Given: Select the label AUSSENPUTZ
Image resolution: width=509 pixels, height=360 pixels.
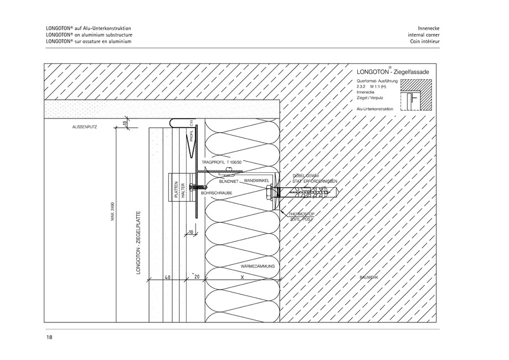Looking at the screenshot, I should [x=85, y=127].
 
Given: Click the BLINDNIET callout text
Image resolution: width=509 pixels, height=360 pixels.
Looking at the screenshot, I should [x=229, y=181].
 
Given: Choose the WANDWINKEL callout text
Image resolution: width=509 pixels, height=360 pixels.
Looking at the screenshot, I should [x=256, y=181].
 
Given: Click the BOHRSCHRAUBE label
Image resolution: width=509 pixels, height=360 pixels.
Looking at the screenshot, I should [x=217, y=192].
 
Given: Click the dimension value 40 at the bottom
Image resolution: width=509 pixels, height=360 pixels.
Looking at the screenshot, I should [x=167, y=276].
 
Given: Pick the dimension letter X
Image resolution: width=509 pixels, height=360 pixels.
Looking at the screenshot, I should [x=242, y=276].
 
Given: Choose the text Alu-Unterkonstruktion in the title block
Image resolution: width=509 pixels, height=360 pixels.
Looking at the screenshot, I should [x=376, y=110].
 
